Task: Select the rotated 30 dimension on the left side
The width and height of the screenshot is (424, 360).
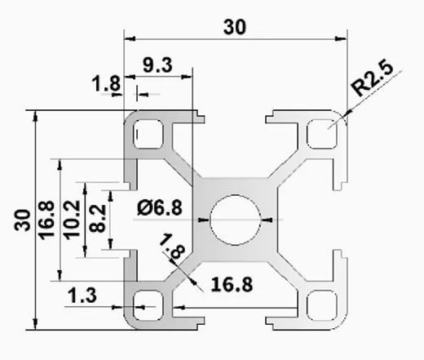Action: pos(22,220)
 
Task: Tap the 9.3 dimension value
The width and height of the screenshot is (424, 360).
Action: pos(157,65)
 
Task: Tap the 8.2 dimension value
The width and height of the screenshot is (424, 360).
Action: pos(96,218)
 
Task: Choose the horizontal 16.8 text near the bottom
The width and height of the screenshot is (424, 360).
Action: pos(231,285)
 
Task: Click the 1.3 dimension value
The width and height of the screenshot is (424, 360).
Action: pos(82,296)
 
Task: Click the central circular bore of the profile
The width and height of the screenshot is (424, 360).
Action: pos(236,220)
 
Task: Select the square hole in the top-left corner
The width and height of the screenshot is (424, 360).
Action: pos(148,133)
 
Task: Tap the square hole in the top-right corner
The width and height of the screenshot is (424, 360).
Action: pos(323,133)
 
